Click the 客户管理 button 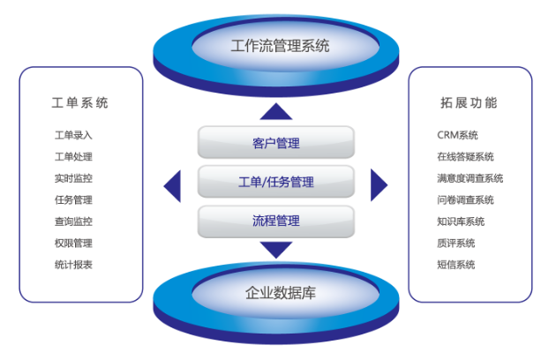pyautogui.click(x=275, y=143)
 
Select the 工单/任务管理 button pyautogui.click(x=275, y=183)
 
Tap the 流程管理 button pyautogui.click(x=275, y=221)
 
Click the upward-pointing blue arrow pyautogui.click(x=276, y=111)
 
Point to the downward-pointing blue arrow pyautogui.click(x=276, y=250)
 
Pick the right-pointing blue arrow pyautogui.click(x=379, y=184)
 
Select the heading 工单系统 pyautogui.click(x=80, y=102)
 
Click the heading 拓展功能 pyautogui.click(x=469, y=102)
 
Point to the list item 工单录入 pyautogui.click(x=73, y=136)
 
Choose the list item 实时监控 pyautogui.click(x=73, y=178)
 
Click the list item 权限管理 pyautogui.click(x=73, y=243)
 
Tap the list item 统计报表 pyautogui.click(x=73, y=264)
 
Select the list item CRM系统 pyautogui.click(x=457, y=136)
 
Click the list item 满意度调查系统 pyautogui.click(x=470, y=178)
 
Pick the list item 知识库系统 pyautogui.click(x=461, y=221)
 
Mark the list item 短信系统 pyautogui.click(x=455, y=264)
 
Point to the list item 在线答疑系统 pyautogui.click(x=465, y=157)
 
